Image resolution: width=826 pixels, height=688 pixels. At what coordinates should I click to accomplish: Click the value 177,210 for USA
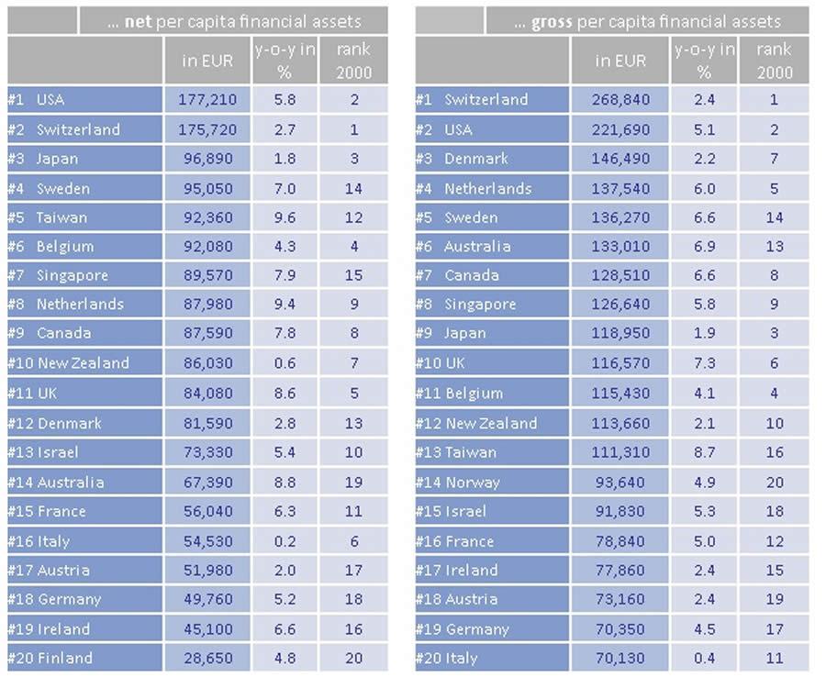click(x=207, y=99)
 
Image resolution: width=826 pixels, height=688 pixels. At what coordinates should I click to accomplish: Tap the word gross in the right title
click(x=553, y=21)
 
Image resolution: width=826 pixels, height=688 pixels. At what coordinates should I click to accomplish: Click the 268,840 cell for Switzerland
click(x=620, y=99)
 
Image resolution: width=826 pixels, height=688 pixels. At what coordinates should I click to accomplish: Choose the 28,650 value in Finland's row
click(x=207, y=658)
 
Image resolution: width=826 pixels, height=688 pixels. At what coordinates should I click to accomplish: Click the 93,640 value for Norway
click(x=620, y=482)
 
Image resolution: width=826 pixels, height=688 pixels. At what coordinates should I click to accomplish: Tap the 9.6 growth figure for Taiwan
click(x=285, y=217)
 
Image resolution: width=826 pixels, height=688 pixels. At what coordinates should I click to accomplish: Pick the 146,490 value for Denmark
click(x=620, y=158)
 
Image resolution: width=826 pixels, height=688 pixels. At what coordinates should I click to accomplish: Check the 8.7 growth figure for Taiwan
click(x=704, y=451)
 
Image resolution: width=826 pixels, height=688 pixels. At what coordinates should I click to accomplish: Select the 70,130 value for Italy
click(x=620, y=658)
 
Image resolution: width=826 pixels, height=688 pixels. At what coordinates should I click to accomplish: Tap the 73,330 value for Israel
click(x=207, y=451)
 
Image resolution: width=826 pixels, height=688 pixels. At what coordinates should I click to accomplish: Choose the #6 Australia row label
click(x=463, y=246)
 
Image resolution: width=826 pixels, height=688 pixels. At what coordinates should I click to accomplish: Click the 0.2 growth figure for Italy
click(x=285, y=541)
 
